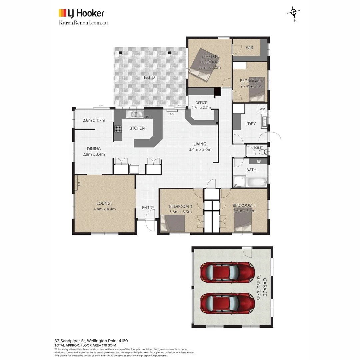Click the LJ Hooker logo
pyautogui.click(x=81, y=13)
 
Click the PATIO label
pyautogui.click(x=149, y=77)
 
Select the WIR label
pyautogui.click(x=249, y=48)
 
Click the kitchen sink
pyautogui.click(x=136, y=114)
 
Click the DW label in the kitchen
pyautogui.click(x=147, y=117)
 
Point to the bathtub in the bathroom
pyautogui.click(x=257, y=182)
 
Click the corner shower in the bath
pyautogui.click(x=239, y=182)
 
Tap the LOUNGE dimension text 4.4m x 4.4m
pyautogui.click(x=104, y=209)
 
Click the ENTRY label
pyautogui.click(x=148, y=208)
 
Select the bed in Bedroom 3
pyautogui.click(x=173, y=223)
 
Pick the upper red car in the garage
pyautogui.click(x=227, y=272)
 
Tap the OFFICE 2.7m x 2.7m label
pyautogui.click(x=201, y=105)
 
